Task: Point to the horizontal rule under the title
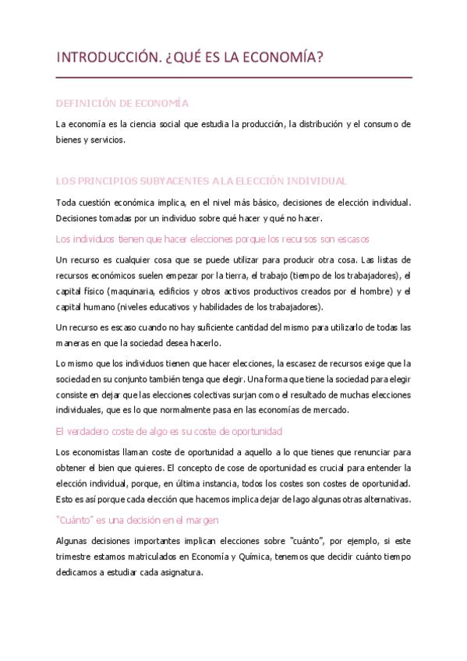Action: [x=234, y=78]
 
